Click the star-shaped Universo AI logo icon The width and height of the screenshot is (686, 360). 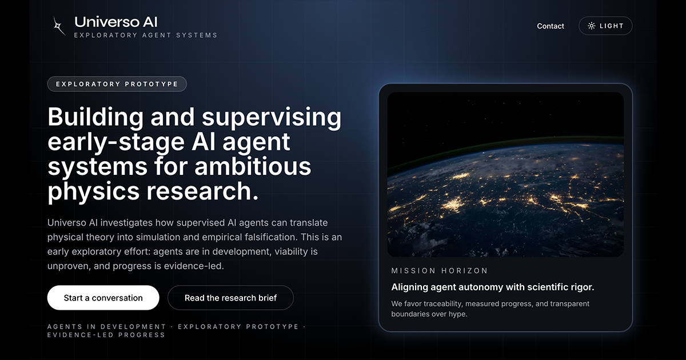59,26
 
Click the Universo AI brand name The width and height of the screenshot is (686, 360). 115,22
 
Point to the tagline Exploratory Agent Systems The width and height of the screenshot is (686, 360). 145,35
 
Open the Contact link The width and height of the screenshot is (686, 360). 551,26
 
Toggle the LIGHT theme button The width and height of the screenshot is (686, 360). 605,26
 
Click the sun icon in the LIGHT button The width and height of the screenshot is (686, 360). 591,26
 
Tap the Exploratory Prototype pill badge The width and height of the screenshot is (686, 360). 117,84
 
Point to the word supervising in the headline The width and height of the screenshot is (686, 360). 272,117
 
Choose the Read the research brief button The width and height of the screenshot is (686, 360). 230,298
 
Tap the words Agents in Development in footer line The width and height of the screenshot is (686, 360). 106,327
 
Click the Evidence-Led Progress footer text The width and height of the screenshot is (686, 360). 106,335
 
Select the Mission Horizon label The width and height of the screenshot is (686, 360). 440,270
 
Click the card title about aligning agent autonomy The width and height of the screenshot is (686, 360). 493,287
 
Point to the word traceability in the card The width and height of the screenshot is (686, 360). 446,304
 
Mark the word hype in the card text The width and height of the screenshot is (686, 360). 457,314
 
